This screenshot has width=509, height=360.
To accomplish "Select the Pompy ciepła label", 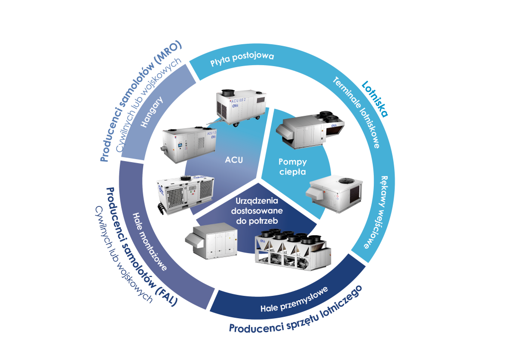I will [x=293, y=167].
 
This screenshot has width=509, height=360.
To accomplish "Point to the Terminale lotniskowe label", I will [x=356, y=113].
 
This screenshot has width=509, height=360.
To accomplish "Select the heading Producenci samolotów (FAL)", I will [x=139, y=247].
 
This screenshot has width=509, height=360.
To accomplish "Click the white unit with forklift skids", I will [x=184, y=194].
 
